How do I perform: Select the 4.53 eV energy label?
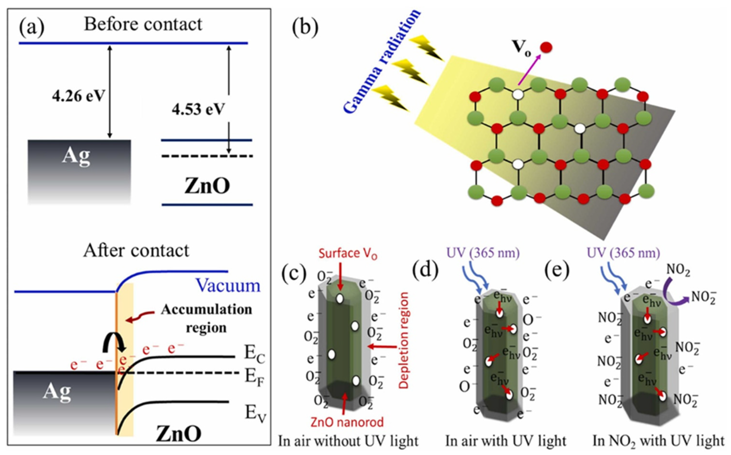point(198,109)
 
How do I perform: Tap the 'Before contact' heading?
point(143,24)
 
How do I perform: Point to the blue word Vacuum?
point(228,285)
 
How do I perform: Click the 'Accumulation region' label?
point(206,318)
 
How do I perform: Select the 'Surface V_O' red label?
point(347,254)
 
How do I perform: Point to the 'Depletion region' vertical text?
point(403,340)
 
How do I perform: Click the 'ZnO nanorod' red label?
point(347,422)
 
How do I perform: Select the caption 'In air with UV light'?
point(506,441)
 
